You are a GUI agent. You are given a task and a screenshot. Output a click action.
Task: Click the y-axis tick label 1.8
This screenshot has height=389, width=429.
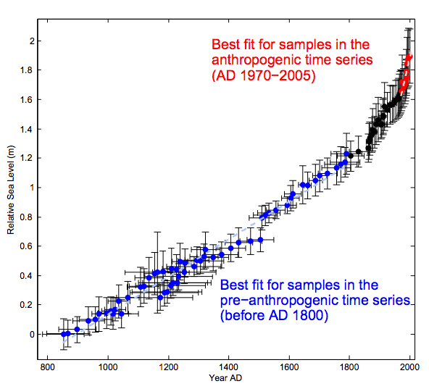click(27, 70)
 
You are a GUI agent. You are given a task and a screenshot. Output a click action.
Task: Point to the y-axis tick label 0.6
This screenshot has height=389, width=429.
click(27, 246)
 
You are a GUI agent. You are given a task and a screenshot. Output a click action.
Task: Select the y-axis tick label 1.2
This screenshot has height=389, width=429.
click(27, 158)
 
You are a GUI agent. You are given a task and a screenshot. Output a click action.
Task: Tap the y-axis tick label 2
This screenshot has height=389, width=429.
click(32, 41)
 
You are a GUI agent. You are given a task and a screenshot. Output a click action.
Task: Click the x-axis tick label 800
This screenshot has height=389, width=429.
click(47, 367)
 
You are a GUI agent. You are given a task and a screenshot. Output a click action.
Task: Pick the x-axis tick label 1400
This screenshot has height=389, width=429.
click(228, 367)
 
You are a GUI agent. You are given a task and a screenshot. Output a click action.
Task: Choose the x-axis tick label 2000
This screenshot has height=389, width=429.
click(409, 367)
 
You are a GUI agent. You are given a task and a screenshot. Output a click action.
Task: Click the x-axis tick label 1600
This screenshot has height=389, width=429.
click(289, 367)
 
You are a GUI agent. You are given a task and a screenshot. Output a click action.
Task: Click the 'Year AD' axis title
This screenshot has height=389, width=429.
click(225, 378)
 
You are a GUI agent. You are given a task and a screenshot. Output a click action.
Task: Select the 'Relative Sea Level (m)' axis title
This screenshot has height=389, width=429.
click(11, 190)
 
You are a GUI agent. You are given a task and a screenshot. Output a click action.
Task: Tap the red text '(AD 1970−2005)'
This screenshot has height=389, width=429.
click(264, 75)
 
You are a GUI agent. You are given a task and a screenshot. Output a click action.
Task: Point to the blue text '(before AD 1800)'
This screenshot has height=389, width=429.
click(274, 315)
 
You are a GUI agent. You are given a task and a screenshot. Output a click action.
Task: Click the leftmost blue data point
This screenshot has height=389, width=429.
click(64, 334)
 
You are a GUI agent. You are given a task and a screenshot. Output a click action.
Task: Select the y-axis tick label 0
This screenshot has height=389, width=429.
click(32, 334)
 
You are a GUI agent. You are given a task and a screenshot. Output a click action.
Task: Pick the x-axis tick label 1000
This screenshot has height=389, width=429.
click(108, 367)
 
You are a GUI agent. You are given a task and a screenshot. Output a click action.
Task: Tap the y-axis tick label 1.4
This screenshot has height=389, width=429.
click(27, 129)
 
